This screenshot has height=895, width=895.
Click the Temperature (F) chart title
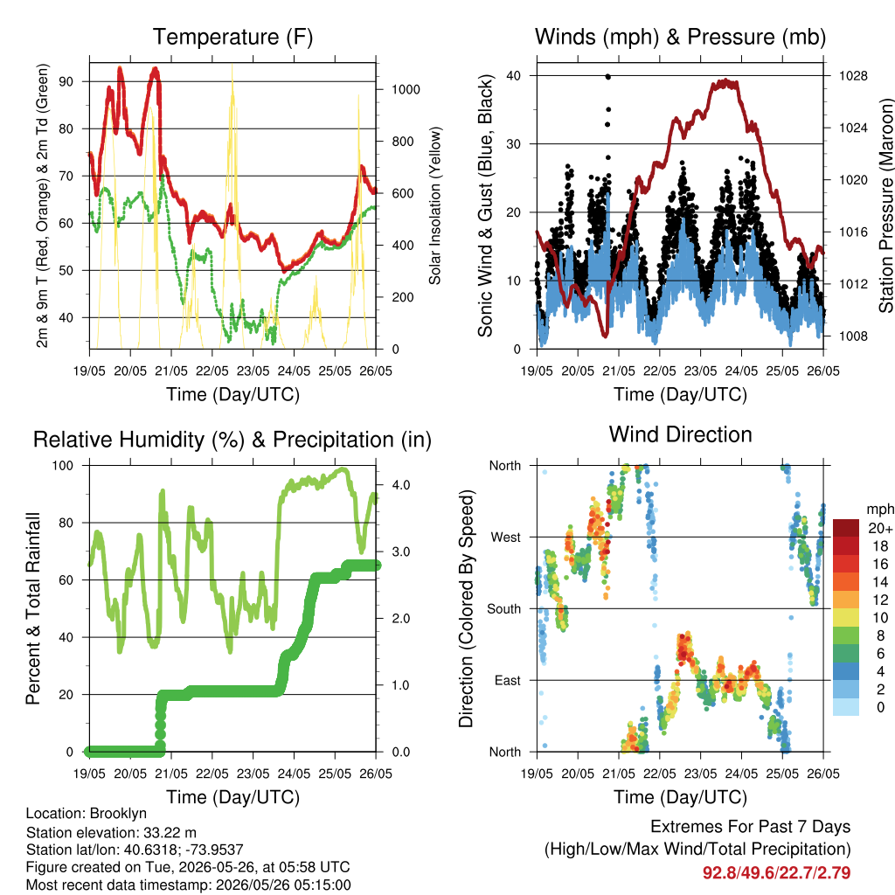232,37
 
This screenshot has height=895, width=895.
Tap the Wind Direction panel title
680,434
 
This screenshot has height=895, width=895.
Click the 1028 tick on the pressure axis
853,76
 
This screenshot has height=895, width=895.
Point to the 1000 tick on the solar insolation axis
406,90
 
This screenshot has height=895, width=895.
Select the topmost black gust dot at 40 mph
608,77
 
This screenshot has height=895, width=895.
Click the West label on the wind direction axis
506,538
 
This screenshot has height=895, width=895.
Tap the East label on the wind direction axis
508,680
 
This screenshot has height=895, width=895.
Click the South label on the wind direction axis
504,609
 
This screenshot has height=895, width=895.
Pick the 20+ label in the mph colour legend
880,528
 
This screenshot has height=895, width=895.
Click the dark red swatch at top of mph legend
846,528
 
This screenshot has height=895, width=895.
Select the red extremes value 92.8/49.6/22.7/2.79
776,873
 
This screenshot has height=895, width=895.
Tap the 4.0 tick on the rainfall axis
401,485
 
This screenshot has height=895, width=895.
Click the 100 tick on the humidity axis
63,466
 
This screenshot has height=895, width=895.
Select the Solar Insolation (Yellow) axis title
435,205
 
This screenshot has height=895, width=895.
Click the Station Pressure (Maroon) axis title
885,205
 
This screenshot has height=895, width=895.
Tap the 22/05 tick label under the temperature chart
212,371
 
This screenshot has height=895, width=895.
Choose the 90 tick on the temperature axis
66,81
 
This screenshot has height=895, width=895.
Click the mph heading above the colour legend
879,510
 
